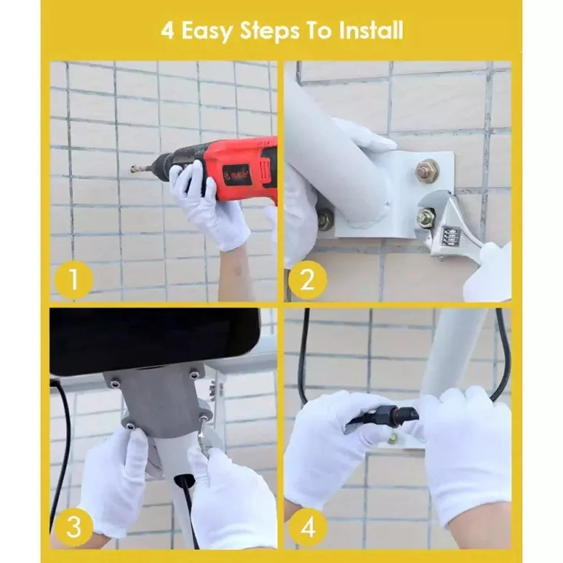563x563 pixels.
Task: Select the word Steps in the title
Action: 269,32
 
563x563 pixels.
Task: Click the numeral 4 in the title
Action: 168,31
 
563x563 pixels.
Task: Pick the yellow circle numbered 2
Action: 308,279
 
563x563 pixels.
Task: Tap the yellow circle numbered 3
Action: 74,526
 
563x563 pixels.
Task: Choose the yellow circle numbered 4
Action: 308,527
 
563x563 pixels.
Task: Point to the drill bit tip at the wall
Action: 132,168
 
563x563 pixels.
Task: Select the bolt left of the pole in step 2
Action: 326,217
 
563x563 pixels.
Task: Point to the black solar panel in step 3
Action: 154,341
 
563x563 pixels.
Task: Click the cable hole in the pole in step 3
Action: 185,480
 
